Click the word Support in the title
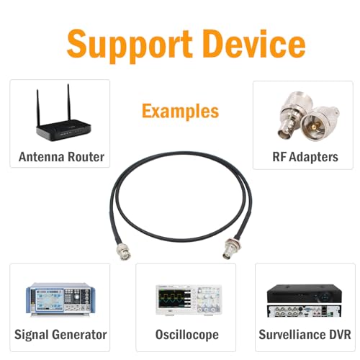(x=130, y=46)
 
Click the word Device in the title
(x=256, y=44)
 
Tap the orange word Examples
(x=180, y=112)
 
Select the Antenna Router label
(x=61, y=157)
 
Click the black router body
(x=63, y=130)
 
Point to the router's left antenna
(x=38, y=107)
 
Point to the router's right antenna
(x=69, y=102)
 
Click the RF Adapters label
(x=305, y=157)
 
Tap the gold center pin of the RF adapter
(x=313, y=127)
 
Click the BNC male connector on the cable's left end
(x=123, y=251)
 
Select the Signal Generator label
(x=60, y=335)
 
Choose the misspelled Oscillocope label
(x=187, y=335)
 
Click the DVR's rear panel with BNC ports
(x=304, y=311)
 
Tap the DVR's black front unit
(x=305, y=294)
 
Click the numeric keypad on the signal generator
(x=69, y=297)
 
